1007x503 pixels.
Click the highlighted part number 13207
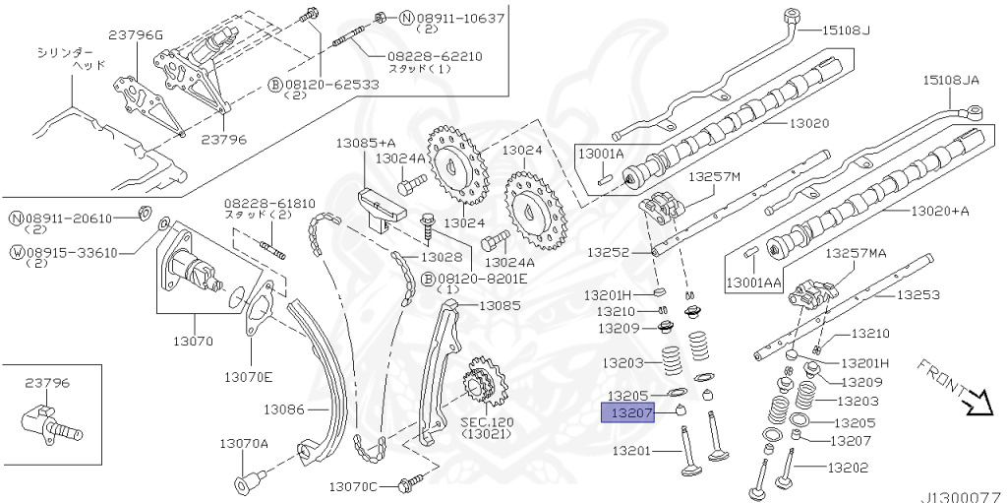[x=626, y=412]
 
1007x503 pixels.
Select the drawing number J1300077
[x=960, y=495]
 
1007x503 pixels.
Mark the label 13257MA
[x=855, y=253]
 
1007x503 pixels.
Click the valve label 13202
[x=848, y=468]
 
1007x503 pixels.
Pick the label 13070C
[x=354, y=486]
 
